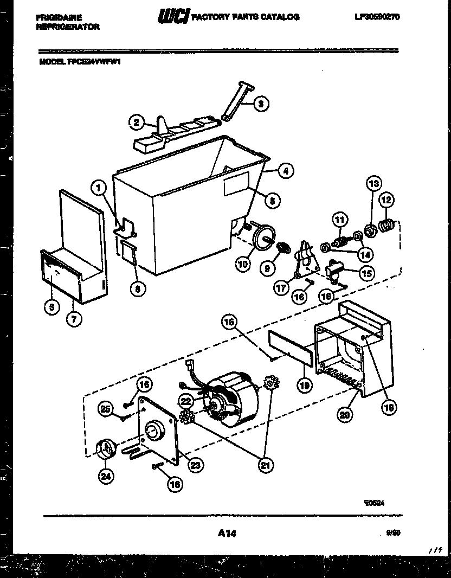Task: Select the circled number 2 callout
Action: pos(137,123)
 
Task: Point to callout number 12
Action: pos(386,200)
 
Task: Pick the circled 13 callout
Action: pos(373,183)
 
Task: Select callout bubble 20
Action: pos(343,415)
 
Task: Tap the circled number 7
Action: pos(73,319)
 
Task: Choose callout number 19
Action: pos(305,385)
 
